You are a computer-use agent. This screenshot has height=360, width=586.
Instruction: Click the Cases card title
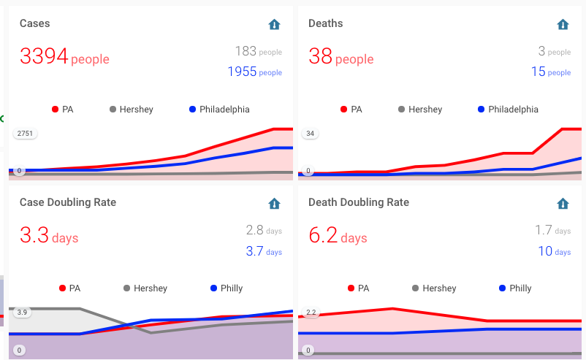click(35, 23)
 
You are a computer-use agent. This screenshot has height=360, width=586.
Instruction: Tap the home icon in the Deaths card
click(563, 24)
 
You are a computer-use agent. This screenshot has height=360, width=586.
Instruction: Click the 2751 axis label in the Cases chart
click(26, 134)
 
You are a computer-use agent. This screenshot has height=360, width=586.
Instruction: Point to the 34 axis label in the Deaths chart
click(311, 134)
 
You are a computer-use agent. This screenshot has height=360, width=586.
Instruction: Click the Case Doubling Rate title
click(68, 202)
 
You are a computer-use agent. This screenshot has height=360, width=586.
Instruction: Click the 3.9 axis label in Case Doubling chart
click(22, 313)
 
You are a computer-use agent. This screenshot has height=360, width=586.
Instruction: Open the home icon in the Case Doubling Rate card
click(274, 203)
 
